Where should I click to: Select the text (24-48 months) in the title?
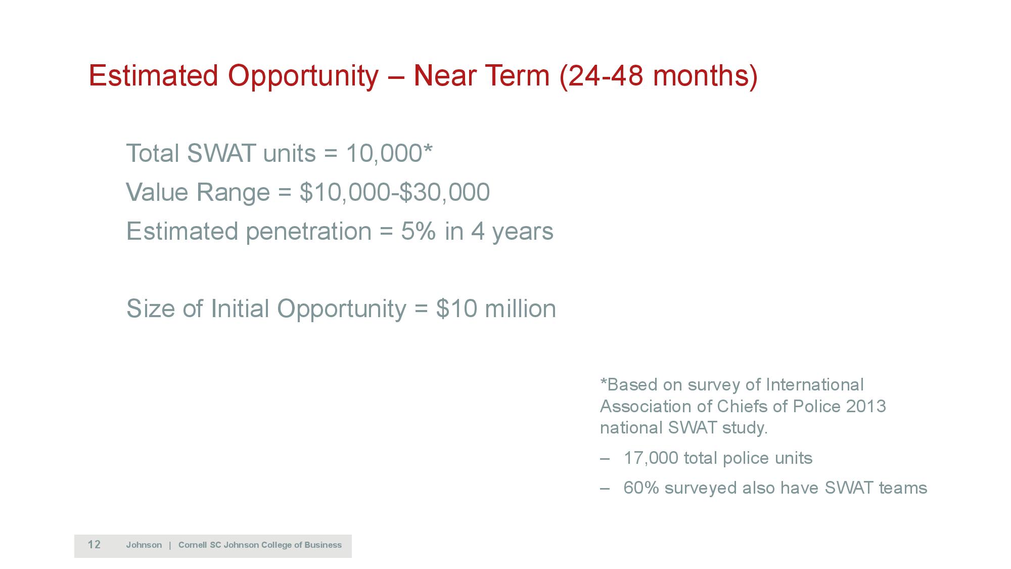point(659,76)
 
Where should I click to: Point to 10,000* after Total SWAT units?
point(389,153)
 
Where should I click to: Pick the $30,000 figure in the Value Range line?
point(444,192)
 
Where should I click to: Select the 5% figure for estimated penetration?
point(419,231)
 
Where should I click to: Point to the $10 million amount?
point(496,309)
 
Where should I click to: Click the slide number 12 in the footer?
point(94,545)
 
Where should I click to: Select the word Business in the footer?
point(323,545)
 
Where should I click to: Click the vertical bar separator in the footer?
point(170,545)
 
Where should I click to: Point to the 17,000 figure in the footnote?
point(651,458)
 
